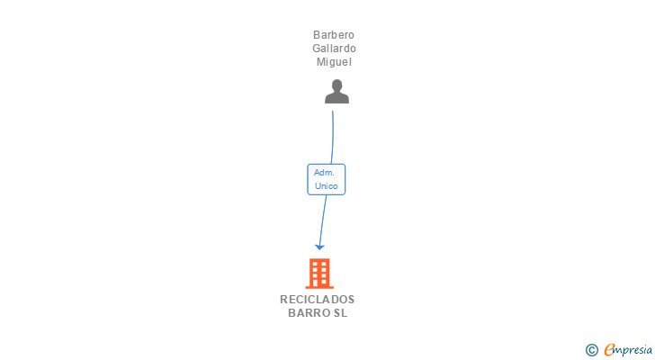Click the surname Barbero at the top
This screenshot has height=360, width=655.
tap(334, 35)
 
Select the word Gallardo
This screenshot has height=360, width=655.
tap(334, 49)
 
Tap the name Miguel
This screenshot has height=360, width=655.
tap(334, 62)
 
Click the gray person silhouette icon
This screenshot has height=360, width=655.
tap(336, 92)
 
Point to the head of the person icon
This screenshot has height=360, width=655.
tap(336, 85)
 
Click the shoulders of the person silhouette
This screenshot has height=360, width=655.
tap(336, 98)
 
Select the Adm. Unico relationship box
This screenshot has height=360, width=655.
tap(326, 179)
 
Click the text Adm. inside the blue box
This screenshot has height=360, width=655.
tap(325, 172)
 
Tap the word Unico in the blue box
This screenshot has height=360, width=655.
tap(326, 186)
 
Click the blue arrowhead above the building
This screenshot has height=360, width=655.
tap(319, 246)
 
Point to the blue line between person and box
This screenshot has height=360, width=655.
tap(334, 135)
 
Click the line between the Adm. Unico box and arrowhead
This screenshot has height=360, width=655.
tap(323, 219)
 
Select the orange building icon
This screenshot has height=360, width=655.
tap(319, 274)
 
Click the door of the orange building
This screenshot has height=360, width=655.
tap(319, 282)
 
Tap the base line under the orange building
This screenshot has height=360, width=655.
tap(319, 287)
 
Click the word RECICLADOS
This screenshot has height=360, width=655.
tap(318, 300)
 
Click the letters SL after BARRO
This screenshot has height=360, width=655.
tap(339, 313)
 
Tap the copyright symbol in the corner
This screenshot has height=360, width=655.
tap(591, 350)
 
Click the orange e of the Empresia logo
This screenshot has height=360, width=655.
tap(609, 350)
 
